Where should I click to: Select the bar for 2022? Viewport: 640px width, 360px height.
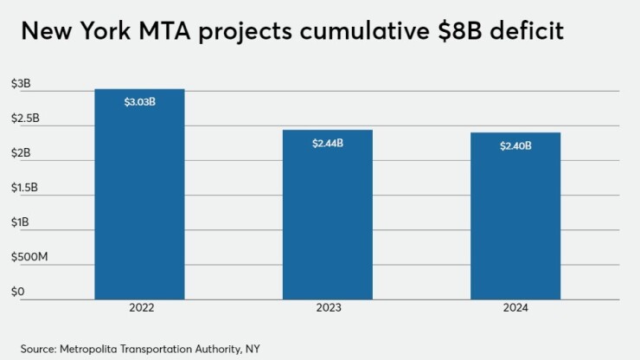pos(139,195)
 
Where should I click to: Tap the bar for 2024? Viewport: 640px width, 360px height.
pos(515,216)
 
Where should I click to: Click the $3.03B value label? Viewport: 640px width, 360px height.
pos(139,102)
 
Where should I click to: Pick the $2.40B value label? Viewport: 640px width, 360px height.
pos(515,145)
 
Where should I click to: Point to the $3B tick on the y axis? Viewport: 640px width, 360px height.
pos(21,84)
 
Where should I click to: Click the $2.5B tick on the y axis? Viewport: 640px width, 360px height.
pos(25,119)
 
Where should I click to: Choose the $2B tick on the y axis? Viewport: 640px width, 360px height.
pos(21,153)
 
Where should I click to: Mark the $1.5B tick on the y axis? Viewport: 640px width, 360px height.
pos(25,188)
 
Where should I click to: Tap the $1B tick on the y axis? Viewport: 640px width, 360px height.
pos(20,222)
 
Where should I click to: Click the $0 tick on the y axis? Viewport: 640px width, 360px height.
pos(17,292)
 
